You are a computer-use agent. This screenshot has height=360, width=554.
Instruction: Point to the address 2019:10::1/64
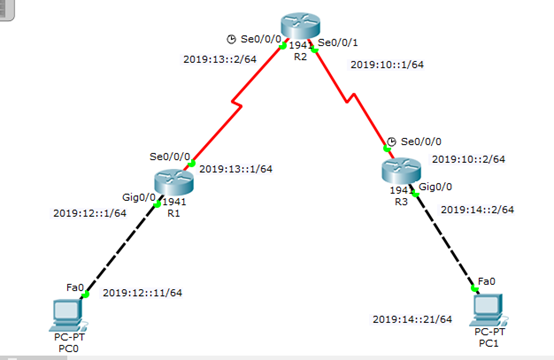coord(387,65)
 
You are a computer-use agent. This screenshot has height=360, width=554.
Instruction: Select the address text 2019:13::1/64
coord(236,169)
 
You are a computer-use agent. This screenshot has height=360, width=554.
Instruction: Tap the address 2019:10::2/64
coord(468,159)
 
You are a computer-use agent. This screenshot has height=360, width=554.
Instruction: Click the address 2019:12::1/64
coord(89,213)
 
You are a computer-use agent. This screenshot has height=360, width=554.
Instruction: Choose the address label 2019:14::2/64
coord(477,210)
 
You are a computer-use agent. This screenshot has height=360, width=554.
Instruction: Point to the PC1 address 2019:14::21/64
coord(412,319)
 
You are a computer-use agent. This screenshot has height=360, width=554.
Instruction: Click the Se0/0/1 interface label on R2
coord(336,43)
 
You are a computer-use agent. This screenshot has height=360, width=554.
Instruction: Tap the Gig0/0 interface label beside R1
coord(139,197)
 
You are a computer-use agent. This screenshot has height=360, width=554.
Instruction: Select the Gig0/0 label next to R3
coord(436,187)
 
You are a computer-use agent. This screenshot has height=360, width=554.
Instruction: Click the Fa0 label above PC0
coord(74,288)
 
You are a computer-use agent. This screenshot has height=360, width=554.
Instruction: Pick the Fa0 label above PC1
coord(486,280)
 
